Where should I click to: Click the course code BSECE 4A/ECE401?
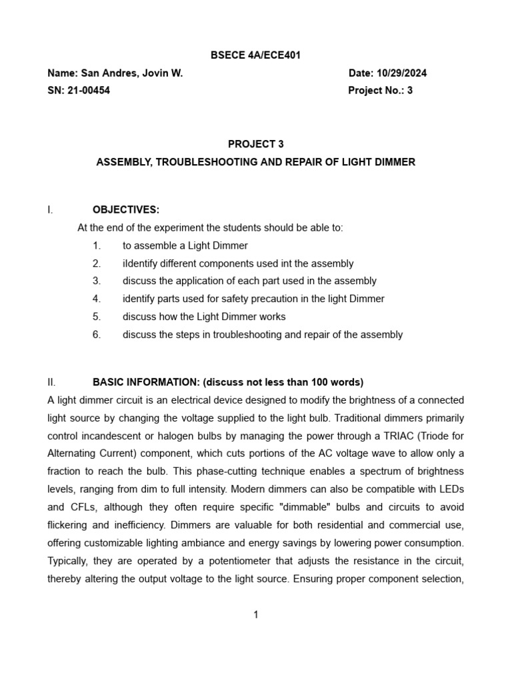[256, 55]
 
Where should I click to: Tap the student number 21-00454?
[89, 91]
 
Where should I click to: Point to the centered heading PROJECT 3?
[256, 144]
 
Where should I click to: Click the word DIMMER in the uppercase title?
[394, 162]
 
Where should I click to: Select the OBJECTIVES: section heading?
[126, 210]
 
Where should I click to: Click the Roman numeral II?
[51, 382]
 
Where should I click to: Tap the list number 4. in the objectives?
[97, 299]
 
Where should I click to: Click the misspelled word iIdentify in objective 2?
[141, 263]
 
